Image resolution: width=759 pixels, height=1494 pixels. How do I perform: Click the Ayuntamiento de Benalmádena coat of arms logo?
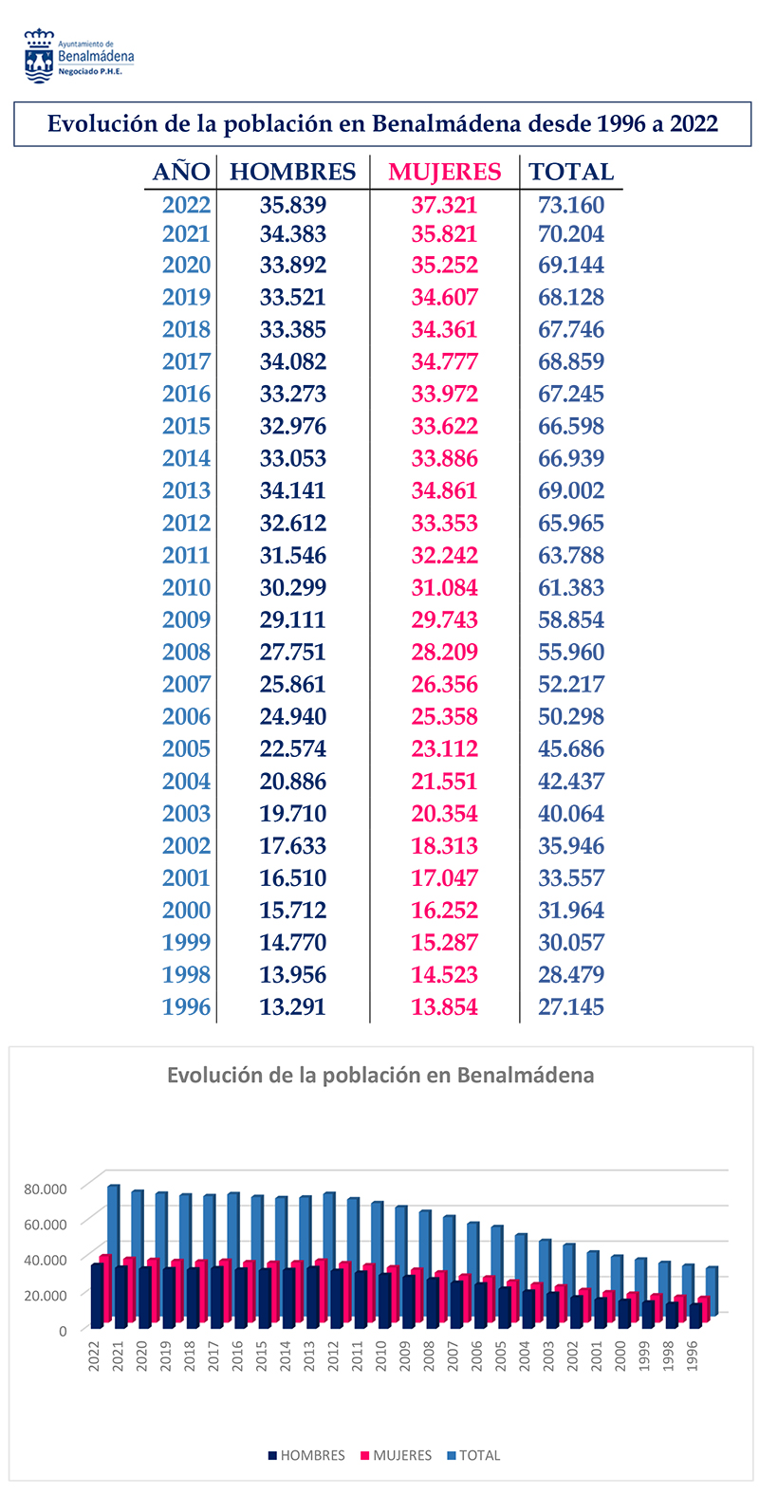point(39,56)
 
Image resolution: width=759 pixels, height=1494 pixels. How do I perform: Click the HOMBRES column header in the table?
point(293,172)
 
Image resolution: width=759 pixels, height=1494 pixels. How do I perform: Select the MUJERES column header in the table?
point(444,172)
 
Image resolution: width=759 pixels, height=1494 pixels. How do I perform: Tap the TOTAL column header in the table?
point(571,172)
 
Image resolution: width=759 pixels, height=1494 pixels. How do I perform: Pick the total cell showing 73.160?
point(571,205)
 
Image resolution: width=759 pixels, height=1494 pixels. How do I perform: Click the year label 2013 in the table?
point(186,490)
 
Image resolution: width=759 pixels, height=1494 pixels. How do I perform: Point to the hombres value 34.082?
point(293,361)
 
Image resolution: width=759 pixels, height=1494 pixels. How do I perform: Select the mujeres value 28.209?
point(444,652)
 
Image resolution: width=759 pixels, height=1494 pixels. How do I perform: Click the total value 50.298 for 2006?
point(571,716)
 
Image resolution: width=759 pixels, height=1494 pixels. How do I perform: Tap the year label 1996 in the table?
point(186,1006)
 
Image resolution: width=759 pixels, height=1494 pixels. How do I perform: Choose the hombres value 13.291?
point(293,1006)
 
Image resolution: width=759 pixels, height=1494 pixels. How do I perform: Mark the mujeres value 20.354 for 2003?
point(444,813)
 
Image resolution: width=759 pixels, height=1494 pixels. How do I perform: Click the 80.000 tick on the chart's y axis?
point(46,1190)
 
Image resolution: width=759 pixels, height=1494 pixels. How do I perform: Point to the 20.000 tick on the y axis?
point(46,1295)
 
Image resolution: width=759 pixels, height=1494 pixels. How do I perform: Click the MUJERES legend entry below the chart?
point(397,1455)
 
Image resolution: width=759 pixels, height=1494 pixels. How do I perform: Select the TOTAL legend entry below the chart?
point(473,1455)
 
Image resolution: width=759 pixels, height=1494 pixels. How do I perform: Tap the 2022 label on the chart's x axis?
point(94,1356)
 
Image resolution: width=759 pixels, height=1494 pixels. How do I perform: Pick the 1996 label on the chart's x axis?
point(693,1356)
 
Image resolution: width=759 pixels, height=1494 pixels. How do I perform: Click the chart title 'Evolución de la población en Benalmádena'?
point(380,1075)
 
